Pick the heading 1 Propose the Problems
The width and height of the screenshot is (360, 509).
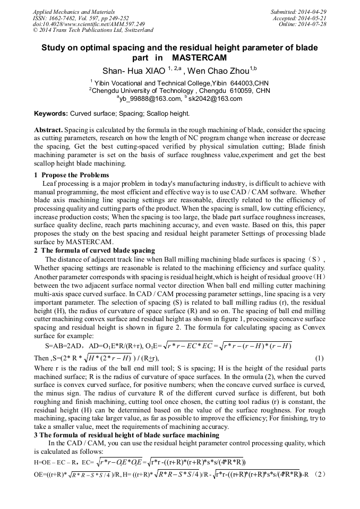72,175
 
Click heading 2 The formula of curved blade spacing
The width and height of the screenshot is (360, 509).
95,251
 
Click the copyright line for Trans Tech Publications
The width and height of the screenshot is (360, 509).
93,30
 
